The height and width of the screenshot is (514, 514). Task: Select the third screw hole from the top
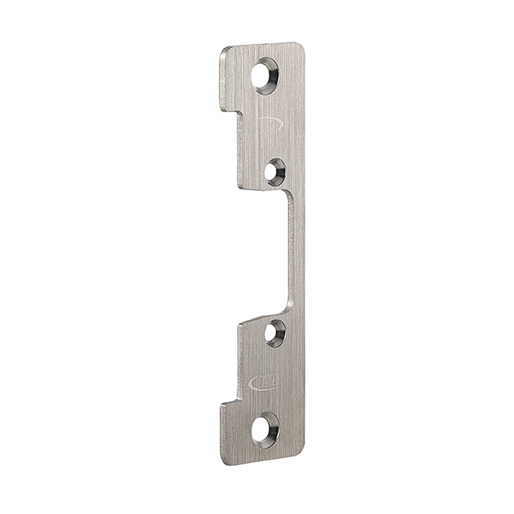click(274, 333)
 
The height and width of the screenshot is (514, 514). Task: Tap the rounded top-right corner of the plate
click(300, 46)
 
